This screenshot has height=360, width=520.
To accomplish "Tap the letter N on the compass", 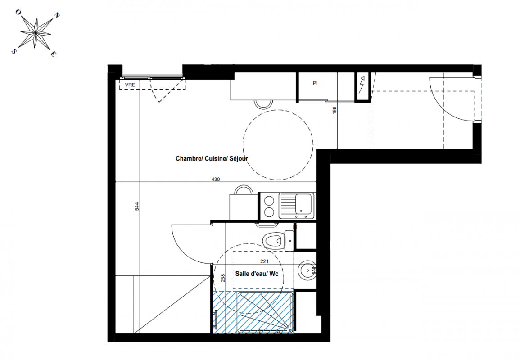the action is [x=57, y=16].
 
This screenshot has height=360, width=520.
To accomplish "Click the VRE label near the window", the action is [x=130, y=85].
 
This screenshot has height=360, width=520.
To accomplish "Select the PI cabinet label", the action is [x=315, y=83].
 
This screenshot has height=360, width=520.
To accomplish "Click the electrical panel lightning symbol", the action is [x=362, y=85].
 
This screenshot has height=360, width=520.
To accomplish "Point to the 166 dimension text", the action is [x=335, y=110].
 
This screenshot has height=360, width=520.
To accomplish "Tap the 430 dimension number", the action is [x=216, y=180].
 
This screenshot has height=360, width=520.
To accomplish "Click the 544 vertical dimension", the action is [x=137, y=207].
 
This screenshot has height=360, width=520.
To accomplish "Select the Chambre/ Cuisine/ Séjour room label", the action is [x=212, y=158].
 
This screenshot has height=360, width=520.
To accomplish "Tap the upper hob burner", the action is [x=269, y=201].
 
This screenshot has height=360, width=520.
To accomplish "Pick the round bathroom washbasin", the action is [x=307, y=270].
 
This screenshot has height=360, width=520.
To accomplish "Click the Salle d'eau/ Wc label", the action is [x=257, y=274].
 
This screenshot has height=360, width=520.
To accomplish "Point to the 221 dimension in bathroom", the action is [x=264, y=261].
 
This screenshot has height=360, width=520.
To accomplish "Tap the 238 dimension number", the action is [x=223, y=278].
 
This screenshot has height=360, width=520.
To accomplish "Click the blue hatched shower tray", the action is [x=253, y=312].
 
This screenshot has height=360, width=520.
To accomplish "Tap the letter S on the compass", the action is [x=14, y=51].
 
